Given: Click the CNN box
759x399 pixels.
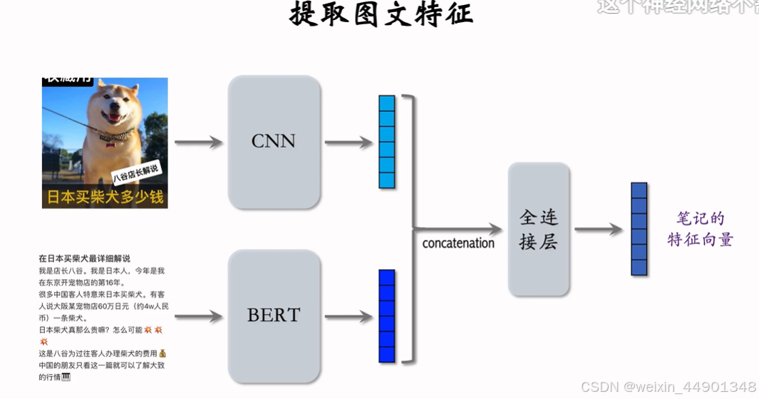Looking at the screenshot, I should point(274,141).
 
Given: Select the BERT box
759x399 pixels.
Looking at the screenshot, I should point(274,315).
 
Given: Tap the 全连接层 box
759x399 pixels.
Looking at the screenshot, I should point(538,229).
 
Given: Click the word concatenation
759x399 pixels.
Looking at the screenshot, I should point(458,243).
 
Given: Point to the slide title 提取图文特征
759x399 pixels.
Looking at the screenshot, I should point(381,14).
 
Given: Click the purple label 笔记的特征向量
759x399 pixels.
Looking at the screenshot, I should point(700,229).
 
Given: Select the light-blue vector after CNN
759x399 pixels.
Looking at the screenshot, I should point(386,141).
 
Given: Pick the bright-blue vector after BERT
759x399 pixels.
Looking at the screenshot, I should point(386,315).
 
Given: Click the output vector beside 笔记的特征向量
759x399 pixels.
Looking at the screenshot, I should point(639,229).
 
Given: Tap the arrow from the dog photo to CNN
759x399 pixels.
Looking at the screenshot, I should point(198,143).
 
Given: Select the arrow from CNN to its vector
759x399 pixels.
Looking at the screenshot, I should point(348,143).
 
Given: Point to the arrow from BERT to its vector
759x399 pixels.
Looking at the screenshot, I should point(348,315).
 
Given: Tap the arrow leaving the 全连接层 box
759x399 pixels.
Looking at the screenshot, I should point(599,229).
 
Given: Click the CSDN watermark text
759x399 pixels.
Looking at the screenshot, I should point(668,387).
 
